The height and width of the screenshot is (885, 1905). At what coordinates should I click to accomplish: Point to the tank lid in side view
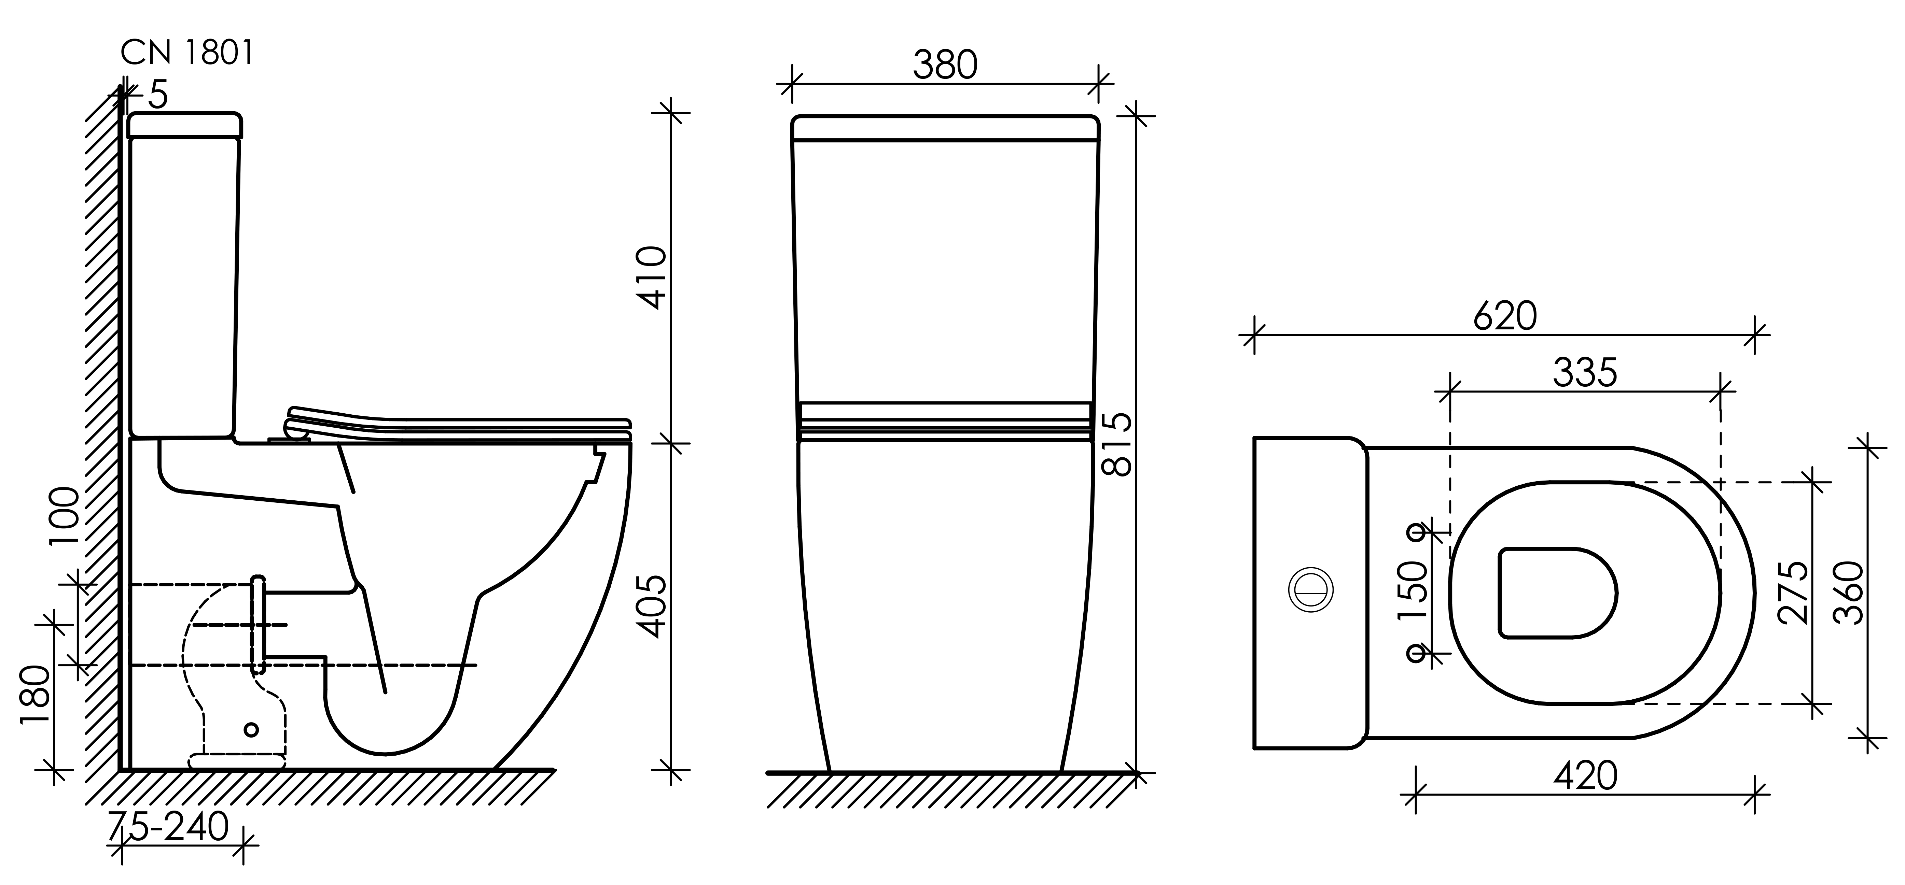[x=185, y=125]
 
